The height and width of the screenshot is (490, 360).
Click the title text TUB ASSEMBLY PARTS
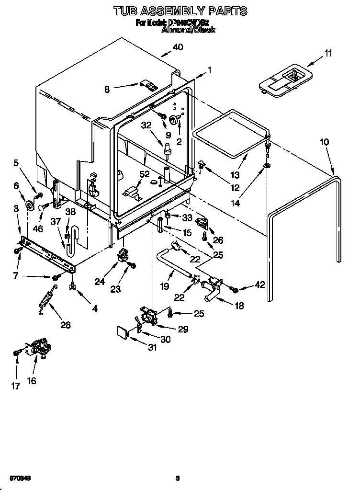180,10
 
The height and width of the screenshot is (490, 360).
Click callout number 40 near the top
178,47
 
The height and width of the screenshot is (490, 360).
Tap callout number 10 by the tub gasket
324,142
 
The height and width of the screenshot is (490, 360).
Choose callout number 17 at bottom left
16,386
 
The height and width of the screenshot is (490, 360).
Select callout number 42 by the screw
260,285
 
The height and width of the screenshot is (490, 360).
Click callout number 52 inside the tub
144,174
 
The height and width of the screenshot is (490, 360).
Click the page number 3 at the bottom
177,478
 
